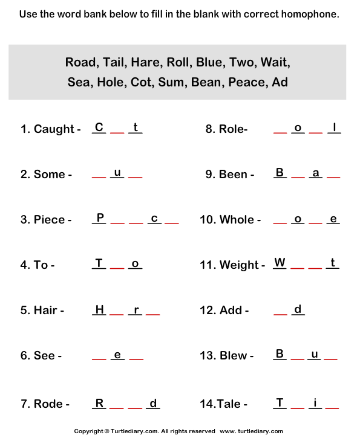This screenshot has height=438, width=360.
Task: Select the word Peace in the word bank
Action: coord(246,82)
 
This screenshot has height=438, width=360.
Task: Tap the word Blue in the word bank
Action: coord(210,63)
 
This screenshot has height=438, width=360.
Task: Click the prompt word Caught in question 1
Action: coord(54,129)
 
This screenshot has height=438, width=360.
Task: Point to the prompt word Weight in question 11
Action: coord(239,265)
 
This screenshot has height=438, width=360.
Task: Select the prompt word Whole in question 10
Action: coord(237,219)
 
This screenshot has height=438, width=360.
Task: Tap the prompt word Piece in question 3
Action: coord(49,219)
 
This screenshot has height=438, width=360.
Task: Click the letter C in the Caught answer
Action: coord(99,127)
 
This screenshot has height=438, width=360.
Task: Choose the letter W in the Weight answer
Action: coord(280,263)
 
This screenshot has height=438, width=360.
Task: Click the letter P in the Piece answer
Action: coord(100,217)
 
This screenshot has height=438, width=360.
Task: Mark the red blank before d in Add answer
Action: coord(280,315)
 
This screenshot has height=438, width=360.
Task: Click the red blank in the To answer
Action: coord(117,268)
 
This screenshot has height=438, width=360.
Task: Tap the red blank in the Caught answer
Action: coord(117,133)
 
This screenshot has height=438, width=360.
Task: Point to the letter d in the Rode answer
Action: coord(153,404)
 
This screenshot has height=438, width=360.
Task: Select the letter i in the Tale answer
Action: coord(315,403)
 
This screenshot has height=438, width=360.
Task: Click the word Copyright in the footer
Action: coord(89,431)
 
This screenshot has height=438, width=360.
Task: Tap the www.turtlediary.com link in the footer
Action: coord(251,431)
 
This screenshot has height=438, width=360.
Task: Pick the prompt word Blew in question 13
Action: coord(234,356)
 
